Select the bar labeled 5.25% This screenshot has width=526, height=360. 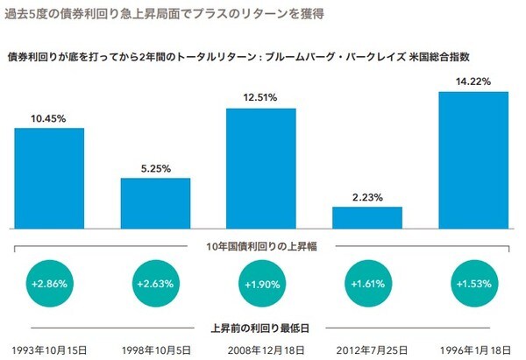pyautogui.click(x=155, y=202)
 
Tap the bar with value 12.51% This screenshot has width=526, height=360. pyautogui.click(x=261, y=166)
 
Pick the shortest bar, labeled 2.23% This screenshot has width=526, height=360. pyautogui.click(x=367, y=217)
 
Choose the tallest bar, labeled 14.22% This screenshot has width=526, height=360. pyautogui.click(x=473, y=159)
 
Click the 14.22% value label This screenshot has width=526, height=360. pyautogui.click(x=473, y=81)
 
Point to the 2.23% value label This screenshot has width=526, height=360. pyautogui.click(x=367, y=197)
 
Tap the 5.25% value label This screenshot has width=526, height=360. pyautogui.click(x=155, y=168)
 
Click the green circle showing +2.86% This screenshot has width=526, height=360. pyautogui.click(x=49, y=286)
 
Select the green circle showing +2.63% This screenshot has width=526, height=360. pyautogui.click(x=155, y=286)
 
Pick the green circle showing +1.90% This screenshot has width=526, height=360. pyautogui.click(x=261, y=286)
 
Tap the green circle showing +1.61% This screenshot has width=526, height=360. pyautogui.click(x=367, y=286)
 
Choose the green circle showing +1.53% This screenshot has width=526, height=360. pyautogui.click(x=473, y=286)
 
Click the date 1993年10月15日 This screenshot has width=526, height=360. pyautogui.click(x=50, y=349)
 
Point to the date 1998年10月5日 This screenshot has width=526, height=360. pyautogui.click(x=155, y=349)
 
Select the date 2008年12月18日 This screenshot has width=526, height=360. pyautogui.click(x=261, y=349)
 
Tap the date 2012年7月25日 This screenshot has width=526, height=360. pyautogui.click(x=367, y=349)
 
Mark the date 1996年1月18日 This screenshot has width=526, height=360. pyautogui.click(x=473, y=349)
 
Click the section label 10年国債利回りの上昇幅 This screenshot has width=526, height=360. pyautogui.click(x=260, y=246)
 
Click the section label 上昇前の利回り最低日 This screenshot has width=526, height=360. pyautogui.click(x=260, y=328)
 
